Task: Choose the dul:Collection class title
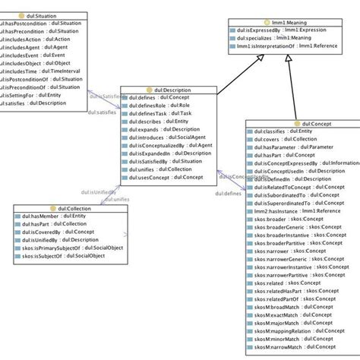[x=58, y=208]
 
